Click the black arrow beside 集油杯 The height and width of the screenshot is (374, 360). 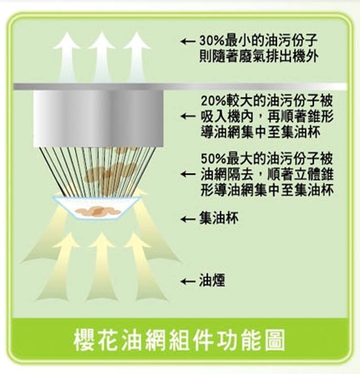(188, 219)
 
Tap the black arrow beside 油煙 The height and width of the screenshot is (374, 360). (188, 282)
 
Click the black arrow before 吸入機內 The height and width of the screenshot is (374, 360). (188, 116)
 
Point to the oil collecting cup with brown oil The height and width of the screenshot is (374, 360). (98, 208)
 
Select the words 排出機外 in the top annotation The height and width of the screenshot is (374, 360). (295, 57)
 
